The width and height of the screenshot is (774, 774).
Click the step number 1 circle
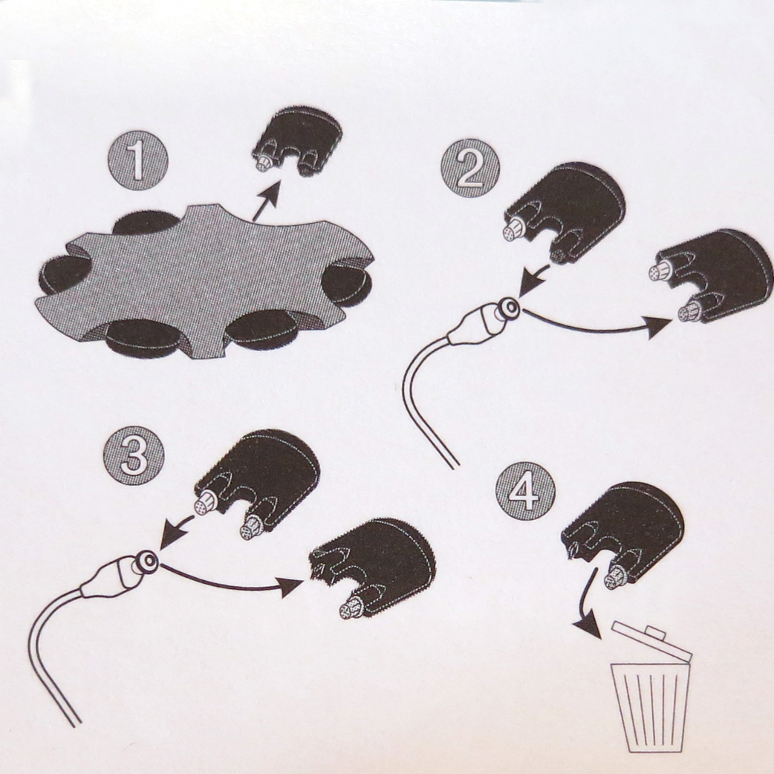pyautogui.click(x=137, y=160)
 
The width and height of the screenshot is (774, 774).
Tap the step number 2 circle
pyautogui.click(x=470, y=169)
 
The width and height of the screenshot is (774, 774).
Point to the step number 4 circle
pyautogui.click(x=525, y=492)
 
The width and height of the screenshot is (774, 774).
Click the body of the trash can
pyautogui.click(x=650, y=707)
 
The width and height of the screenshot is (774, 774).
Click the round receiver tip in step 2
pyautogui.click(x=508, y=307)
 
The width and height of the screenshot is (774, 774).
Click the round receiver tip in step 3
pyautogui.click(x=146, y=560)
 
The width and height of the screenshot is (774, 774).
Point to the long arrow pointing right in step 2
pyautogui.click(x=597, y=327)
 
